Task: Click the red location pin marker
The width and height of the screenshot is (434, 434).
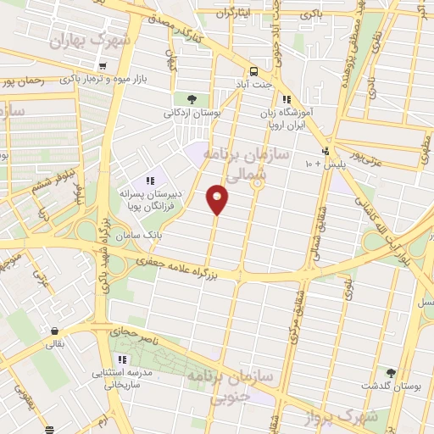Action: click(x=218, y=198)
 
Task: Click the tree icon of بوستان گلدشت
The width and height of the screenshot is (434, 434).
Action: click(x=390, y=373)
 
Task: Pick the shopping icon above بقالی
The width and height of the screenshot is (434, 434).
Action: click(x=53, y=331)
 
